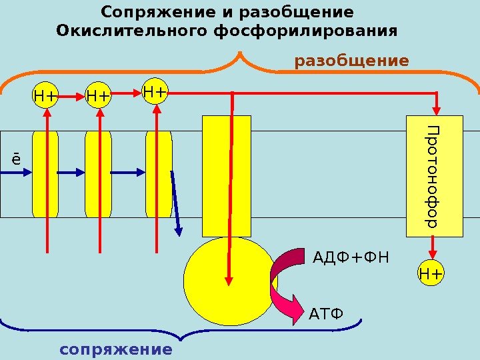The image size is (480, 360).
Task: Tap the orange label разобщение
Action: click(352, 61)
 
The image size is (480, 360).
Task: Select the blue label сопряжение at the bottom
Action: click(115, 349)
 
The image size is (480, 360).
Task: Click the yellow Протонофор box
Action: click(434, 176)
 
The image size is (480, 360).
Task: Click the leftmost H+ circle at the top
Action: click(45, 97)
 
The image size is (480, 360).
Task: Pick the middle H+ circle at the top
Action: click(99, 97)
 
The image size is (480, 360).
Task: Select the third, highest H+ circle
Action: click(155, 90)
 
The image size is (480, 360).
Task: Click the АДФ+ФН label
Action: click(351, 258)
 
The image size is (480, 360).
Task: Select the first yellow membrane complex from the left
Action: click(45, 175)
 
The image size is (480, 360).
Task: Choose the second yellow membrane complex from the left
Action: click(98, 175)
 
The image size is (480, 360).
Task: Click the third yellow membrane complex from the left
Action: click(159, 175)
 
